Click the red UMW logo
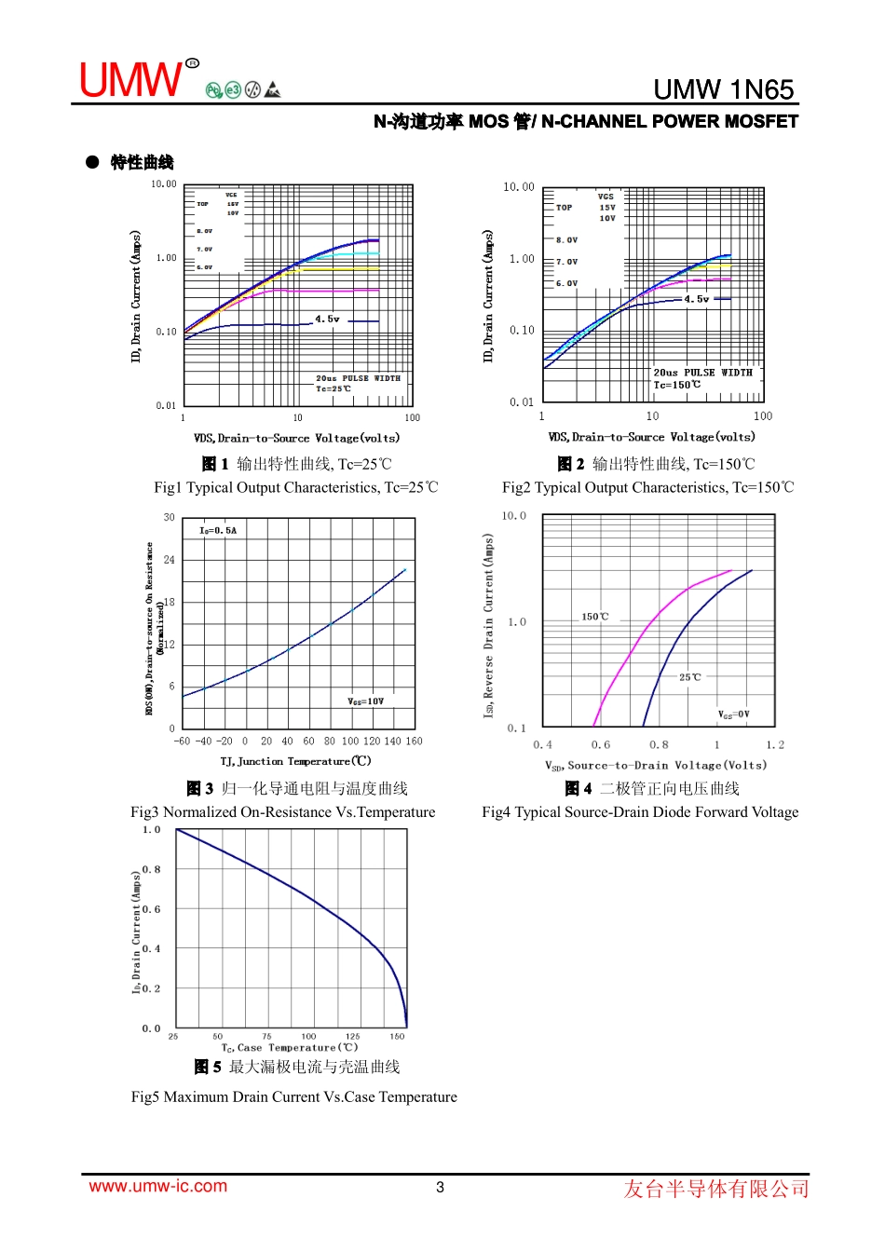(x=130, y=81)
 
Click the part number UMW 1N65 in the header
(x=723, y=89)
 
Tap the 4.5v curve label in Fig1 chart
(x=327, y=320)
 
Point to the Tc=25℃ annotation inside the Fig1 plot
(x=334, y=388)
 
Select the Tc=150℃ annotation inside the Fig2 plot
(x=677, y=385)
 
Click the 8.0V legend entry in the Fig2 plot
(x=566, y=240)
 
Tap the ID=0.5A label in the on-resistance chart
(x=218, y=531)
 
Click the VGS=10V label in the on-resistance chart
(x=365, y=701)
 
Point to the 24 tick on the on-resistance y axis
(x=169, y=560)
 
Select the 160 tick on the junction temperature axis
(x=414, y=742)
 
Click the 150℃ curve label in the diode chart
(x=595, y=617)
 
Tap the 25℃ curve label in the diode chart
(x=689, y=677)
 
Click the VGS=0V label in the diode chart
(x=733, y=714)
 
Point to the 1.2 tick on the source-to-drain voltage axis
(x=775, y=745)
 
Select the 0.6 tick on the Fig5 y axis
(x=151, y=909)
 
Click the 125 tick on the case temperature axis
(x=352, y=1036)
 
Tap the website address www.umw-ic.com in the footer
(x=157, y=1187)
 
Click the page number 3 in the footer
(x=441, y=1188)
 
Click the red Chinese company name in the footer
(x=715, y=1189)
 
